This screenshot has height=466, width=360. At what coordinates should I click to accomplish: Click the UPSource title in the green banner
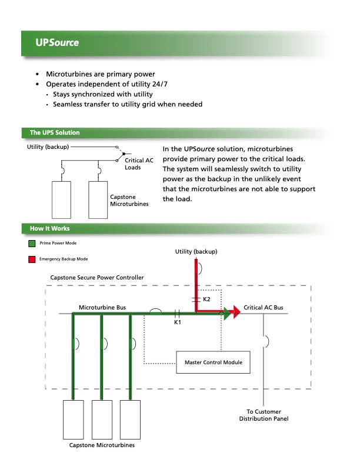click(x=56, y=43)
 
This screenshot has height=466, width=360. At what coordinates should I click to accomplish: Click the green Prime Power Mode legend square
click(x=32, y=243)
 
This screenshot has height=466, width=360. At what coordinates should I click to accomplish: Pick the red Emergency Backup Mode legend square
click(x=32, y=259)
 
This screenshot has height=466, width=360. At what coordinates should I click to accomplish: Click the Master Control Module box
click(x=213, y=362)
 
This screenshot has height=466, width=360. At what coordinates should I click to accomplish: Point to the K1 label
click(x=178, y=322)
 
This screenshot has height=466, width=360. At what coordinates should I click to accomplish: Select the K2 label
click(x=206, y=299)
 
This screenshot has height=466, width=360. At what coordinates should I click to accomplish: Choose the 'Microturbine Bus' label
click(x=102, y=308)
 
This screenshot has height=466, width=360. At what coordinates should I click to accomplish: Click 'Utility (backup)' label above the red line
click(x=196, y=252)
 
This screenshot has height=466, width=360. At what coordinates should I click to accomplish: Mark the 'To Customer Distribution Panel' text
click(x=264, y=415)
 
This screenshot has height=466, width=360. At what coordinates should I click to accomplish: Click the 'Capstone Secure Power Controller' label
click(x=98, y=277)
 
